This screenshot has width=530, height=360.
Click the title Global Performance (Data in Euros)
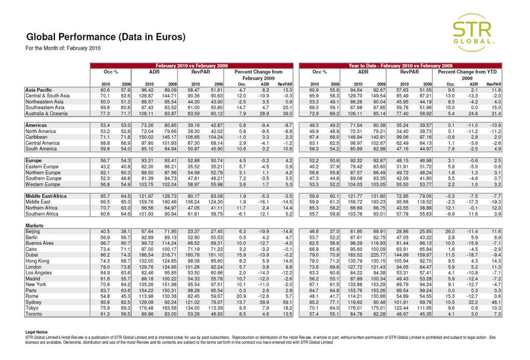tap(105, 37)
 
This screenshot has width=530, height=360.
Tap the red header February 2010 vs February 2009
tap(192, 66)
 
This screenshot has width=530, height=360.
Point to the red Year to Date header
tap(400, 66)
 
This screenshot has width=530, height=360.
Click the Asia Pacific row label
tap(39, 90)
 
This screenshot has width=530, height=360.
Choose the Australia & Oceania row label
tap(47, 113)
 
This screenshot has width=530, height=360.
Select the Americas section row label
tap(36, 125)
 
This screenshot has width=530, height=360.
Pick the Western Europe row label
tap(42, 184)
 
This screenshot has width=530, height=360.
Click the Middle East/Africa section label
tap(46, 196)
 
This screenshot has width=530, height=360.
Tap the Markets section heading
tap(35, 226)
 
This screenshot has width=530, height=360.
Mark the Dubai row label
tap(32, 255)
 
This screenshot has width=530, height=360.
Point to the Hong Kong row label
tap(37, 261)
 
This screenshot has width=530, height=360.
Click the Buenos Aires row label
tap(39, 243)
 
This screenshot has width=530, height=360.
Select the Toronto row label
tap(34, 314)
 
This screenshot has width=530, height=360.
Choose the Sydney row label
tap(33, 302)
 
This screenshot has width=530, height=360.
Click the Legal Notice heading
tap(36, 332)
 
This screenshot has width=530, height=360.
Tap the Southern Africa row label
tap(42, 214)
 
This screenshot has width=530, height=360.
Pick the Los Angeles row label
tap(38, 272)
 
